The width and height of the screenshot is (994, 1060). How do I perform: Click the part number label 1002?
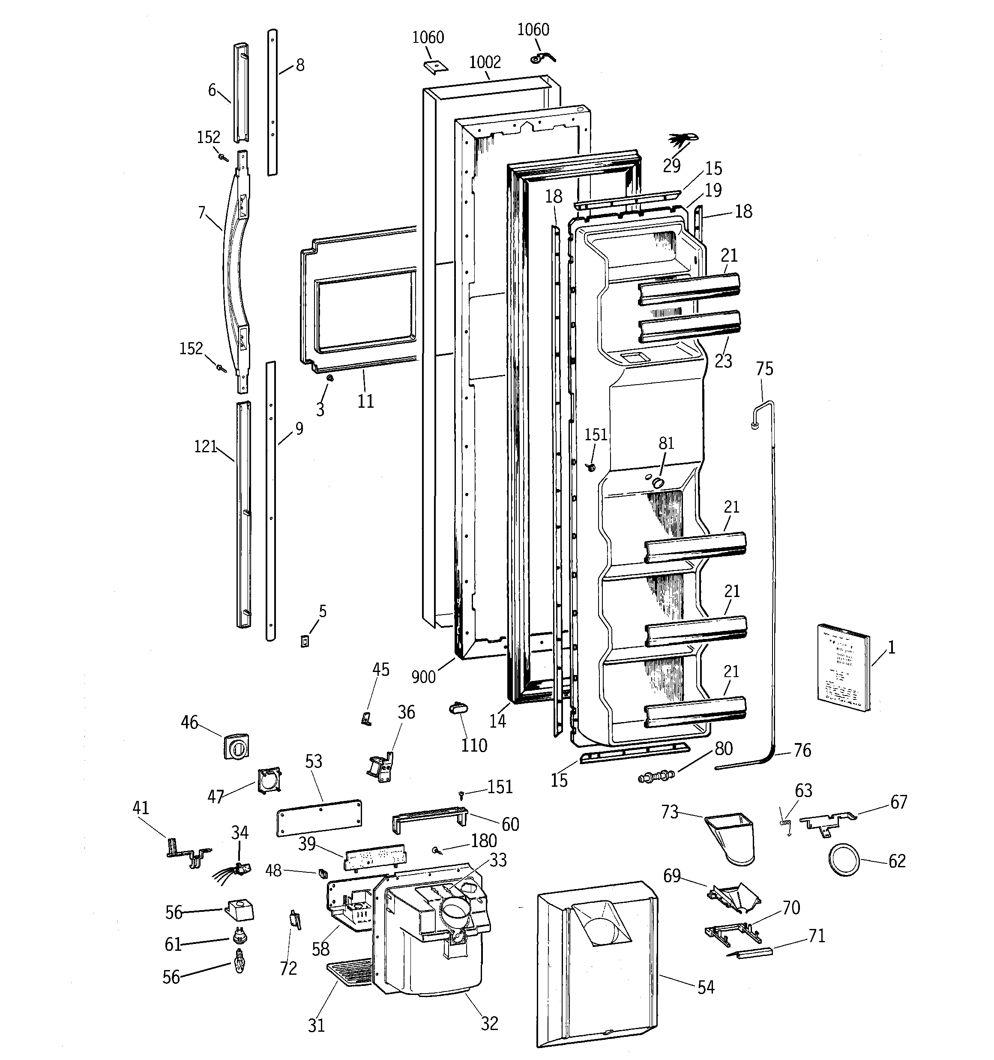485,63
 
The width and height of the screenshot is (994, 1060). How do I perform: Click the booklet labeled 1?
842,668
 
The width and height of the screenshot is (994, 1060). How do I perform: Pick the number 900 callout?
423,677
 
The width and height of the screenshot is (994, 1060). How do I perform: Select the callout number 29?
671,166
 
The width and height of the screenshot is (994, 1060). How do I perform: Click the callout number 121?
205,446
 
